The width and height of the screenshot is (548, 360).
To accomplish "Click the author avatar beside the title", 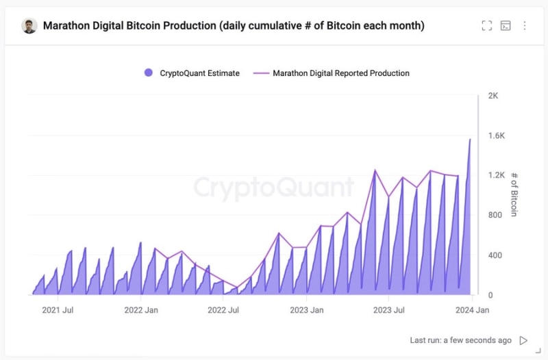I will (x=29, y=26).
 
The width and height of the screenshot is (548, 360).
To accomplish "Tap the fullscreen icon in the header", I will (x=487, y=26).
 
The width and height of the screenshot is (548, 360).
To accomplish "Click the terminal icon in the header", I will (x=506, y=26).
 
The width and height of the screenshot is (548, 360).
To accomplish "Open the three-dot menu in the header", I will (x=525, y=26).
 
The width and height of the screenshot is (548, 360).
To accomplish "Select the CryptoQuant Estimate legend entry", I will (x=192, y=73).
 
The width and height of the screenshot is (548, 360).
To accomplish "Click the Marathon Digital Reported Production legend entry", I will (x=332, y=73).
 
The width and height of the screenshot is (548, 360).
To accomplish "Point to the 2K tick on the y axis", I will (x=493, y=96).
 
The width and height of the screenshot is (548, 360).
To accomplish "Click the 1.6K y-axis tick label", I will (x=496, y=136).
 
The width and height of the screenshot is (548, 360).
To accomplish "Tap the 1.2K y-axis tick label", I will (x=496, y=175).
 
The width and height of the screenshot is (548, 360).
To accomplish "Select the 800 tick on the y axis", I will (x=495, y=215).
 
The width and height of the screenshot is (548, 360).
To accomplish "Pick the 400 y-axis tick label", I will (x=495, y=255).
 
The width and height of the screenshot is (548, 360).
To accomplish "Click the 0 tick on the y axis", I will (x=490, y=295).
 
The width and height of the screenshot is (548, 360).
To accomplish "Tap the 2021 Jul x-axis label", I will (x=58, y=310).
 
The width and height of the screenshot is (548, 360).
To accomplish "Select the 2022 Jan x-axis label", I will (x=141, y=310).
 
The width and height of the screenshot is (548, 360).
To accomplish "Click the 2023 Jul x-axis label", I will (x=388, y=310).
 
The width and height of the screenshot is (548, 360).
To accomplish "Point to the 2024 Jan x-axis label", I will (x=472, y=310).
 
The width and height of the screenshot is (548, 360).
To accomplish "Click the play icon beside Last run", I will (x=524, y=340).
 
